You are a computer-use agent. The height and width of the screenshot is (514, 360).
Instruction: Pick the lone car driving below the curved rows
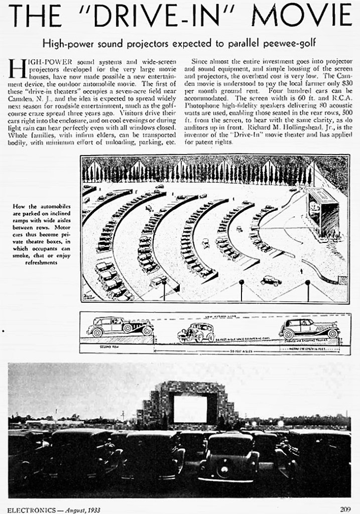tap(271, 280)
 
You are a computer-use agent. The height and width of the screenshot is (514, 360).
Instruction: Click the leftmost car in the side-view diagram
tap(120, 327)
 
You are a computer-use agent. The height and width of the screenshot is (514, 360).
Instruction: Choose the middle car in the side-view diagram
tap(196, 332)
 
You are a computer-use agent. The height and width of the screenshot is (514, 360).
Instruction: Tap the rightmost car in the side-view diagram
tap(309, 329)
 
